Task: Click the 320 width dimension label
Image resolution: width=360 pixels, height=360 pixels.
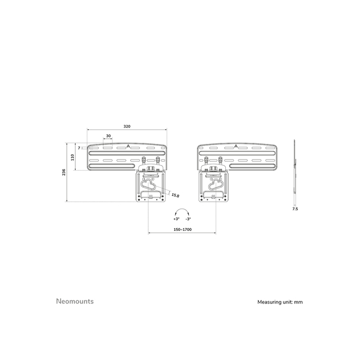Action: [x=127, y=125]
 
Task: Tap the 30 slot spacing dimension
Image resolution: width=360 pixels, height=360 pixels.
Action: [x=107, y=136]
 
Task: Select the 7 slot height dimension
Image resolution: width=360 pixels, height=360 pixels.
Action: [x=79, y=148]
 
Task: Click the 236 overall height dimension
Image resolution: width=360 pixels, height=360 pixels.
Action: [x=64, y=172]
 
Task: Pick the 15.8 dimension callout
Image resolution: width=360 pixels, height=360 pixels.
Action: [x=175, y=195]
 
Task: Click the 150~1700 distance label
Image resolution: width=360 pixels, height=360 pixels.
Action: [x=182, y=229]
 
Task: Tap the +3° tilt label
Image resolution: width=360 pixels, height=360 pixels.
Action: [x=176, y=219]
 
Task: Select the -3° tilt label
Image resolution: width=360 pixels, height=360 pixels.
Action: [x=188, y=219]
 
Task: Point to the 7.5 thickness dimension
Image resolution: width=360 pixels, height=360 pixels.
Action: [x=295, y=209]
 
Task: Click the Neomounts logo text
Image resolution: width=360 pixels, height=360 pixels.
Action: [x=74, y=301]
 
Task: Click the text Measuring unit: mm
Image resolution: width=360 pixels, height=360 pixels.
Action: [x=280, y=302]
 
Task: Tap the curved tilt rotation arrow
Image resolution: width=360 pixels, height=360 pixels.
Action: [x=182, y=211]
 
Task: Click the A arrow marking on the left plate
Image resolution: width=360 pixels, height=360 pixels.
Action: [x=128, y=146]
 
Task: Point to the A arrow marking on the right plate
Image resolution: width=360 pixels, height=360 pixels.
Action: [x=236, y=146]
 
